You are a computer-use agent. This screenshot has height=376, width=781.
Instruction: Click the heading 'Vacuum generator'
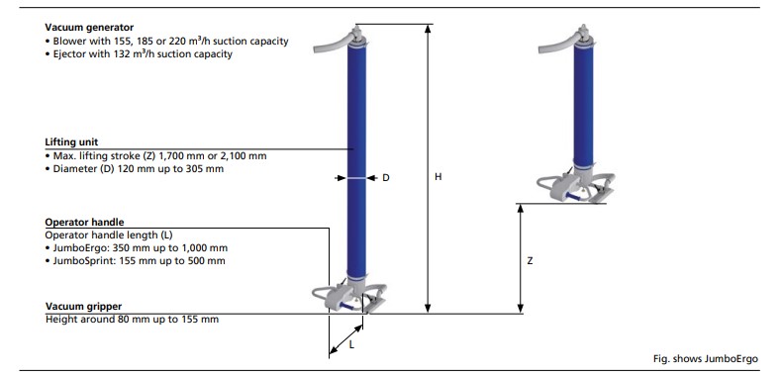click(x=89, y=28)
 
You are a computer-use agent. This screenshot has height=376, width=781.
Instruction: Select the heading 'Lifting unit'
click(x=71, y=142)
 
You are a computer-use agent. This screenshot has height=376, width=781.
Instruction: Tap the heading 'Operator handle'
click(x=84, y=222)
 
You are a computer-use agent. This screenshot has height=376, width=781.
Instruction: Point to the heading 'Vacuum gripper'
click(x=83, y=306)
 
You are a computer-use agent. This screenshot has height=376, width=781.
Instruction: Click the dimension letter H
click(x=438, y=177)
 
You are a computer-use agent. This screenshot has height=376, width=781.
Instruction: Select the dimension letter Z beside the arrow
click(x=530, y=260)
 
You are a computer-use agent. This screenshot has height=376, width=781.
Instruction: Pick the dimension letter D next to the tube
click(x=385, y=178)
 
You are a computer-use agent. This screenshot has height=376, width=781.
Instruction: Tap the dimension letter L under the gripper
click(x=351, y=344)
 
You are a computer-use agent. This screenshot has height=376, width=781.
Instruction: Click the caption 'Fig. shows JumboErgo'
click(x=706, y=358)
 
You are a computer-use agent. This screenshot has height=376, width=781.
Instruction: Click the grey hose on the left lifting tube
click(x=333, y=44)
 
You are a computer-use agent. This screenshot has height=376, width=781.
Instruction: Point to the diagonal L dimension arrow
click(x=346, y=340)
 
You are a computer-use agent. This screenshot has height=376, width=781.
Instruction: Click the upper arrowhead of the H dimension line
click(x=428, y=28)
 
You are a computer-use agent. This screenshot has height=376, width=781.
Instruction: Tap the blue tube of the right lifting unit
click(x=583, y=105)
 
